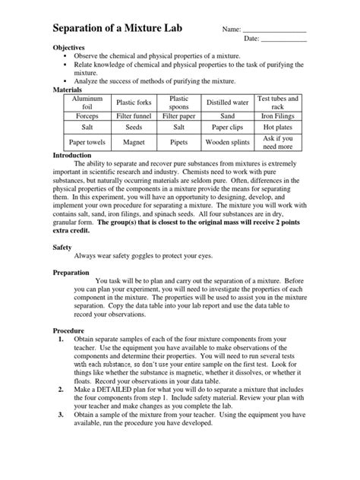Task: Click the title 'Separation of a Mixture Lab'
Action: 128,29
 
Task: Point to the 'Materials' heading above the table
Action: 71,89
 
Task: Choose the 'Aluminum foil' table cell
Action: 86,103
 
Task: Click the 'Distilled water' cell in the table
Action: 227,103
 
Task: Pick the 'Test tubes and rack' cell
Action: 279,103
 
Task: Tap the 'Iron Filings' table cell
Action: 279,116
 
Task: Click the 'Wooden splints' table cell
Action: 227,141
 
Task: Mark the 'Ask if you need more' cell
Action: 279,142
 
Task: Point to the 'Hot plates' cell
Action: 279,128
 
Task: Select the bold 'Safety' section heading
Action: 64,248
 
